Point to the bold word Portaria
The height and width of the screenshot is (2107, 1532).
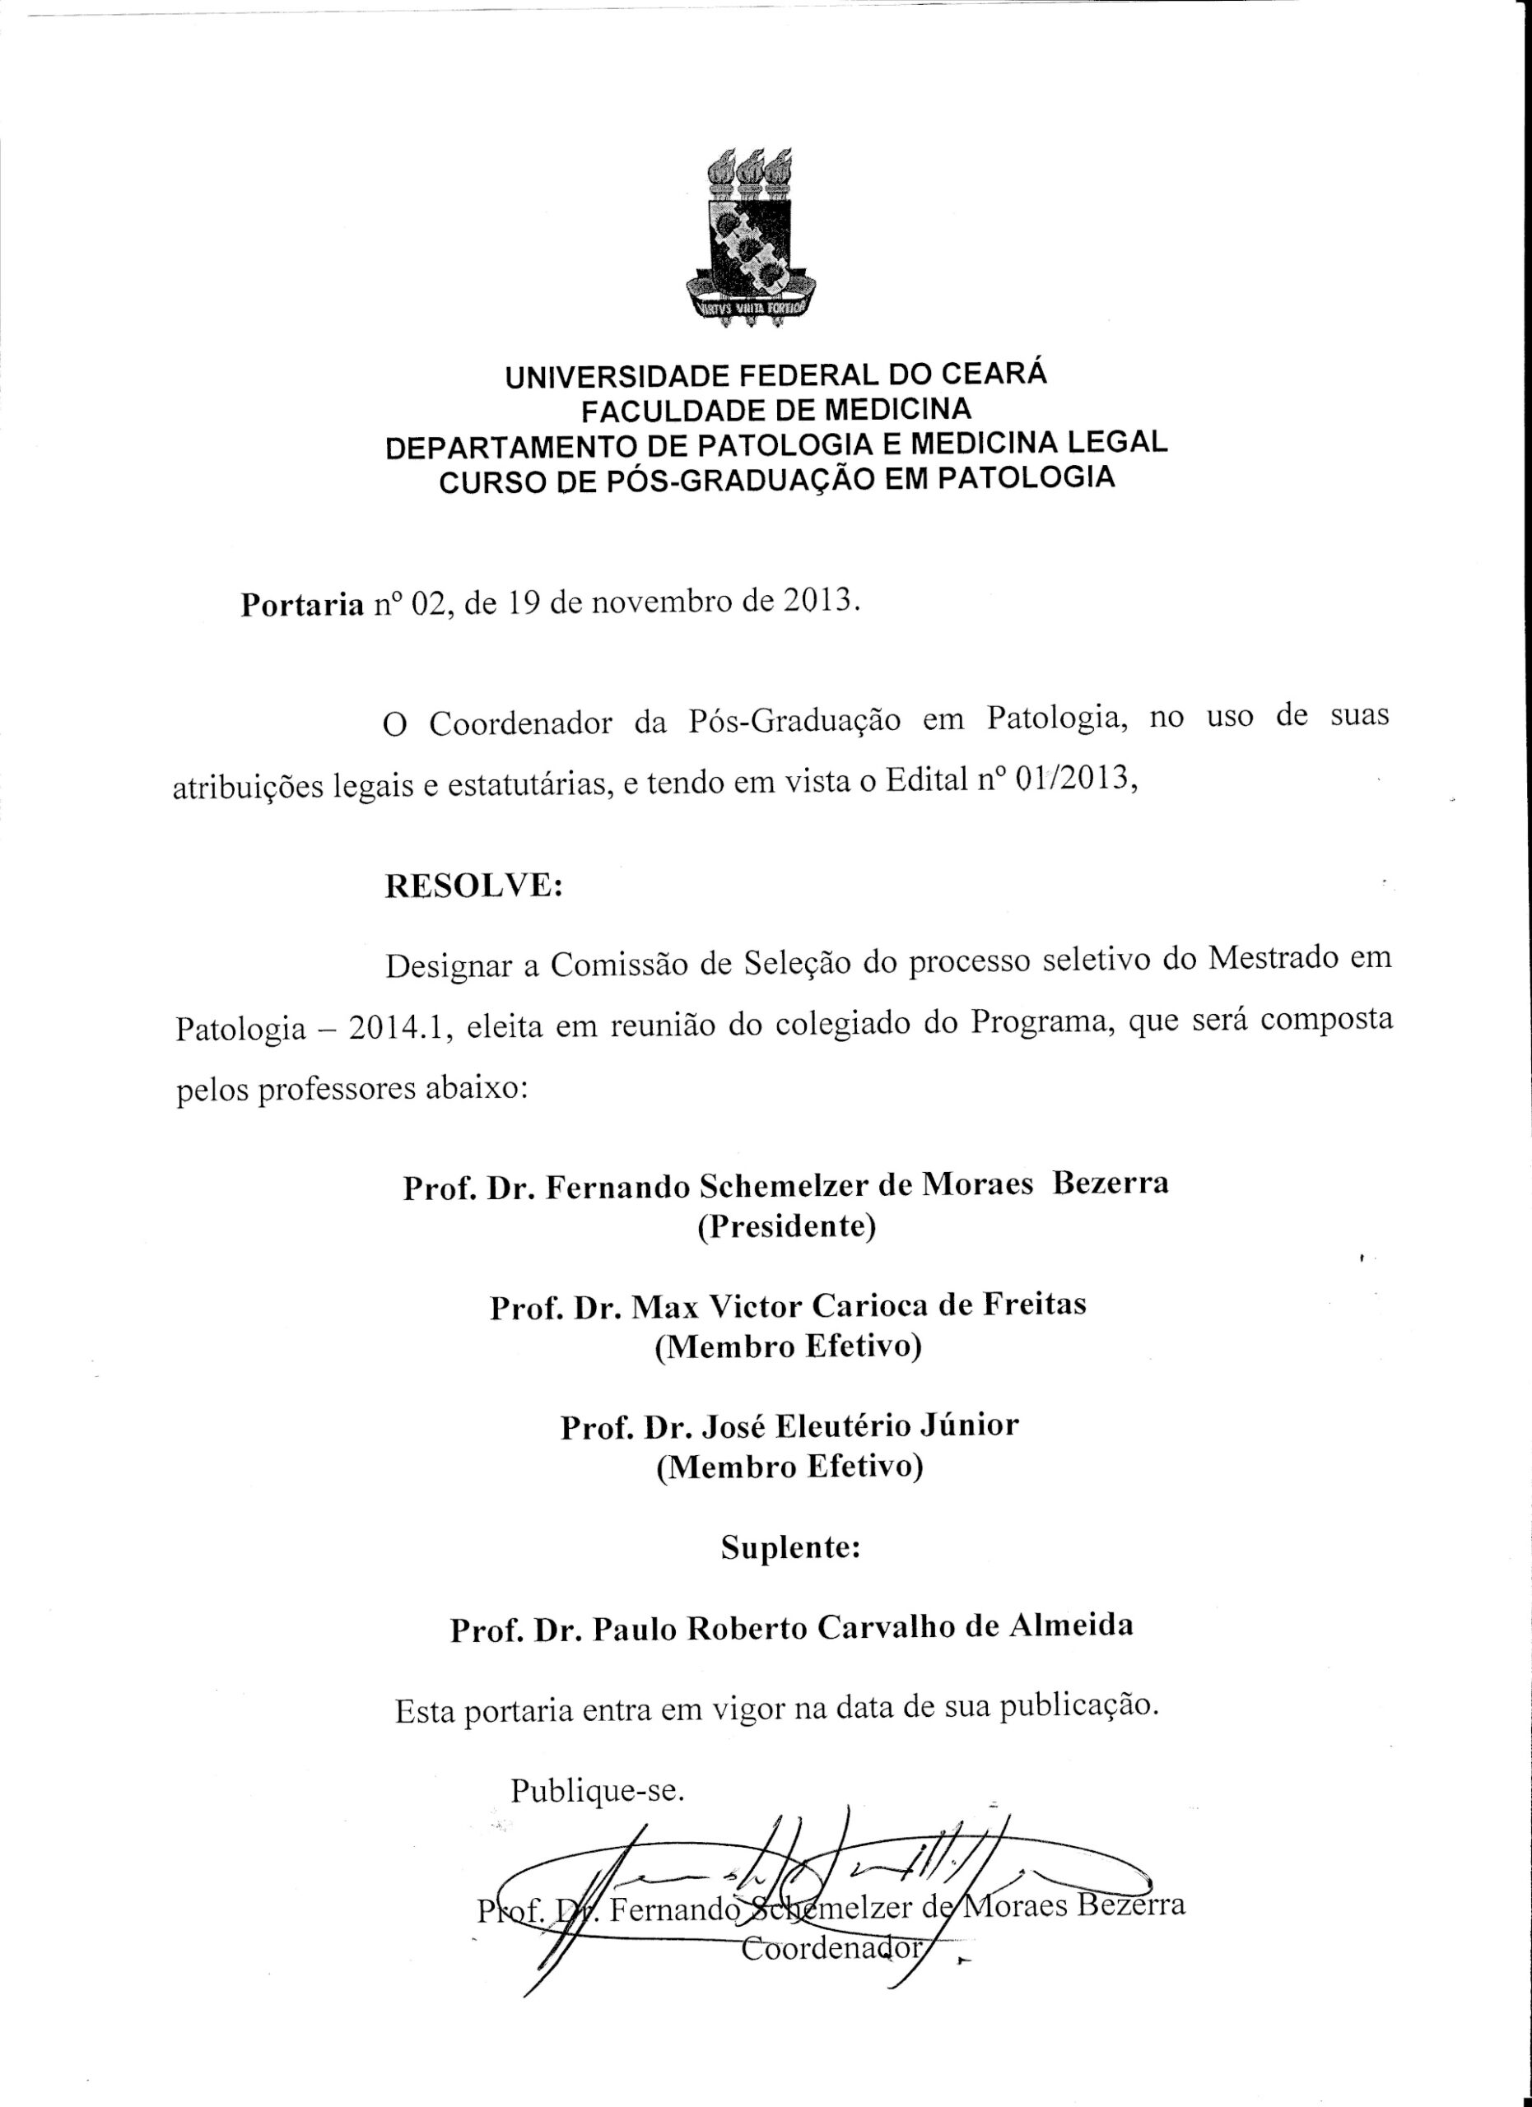pos(302,605)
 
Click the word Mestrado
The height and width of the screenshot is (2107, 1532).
pos(1271,958)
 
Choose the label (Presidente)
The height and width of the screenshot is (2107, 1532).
pos(787,1227)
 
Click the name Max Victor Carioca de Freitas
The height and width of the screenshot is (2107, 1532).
pos(858,1305)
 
